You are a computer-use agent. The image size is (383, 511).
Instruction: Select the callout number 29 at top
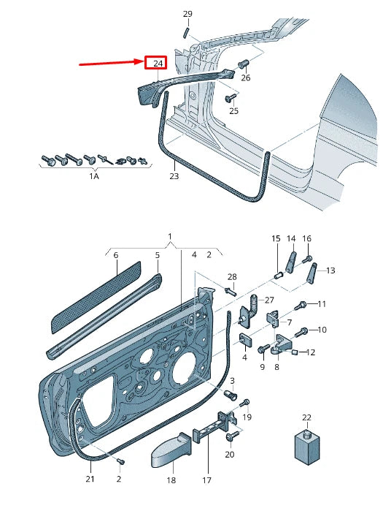click(187, 15)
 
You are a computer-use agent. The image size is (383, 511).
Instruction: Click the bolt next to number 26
click(243, 64)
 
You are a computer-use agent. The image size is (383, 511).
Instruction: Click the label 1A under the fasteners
click(94, 176)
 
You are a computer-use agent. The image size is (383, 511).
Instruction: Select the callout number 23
click(174, 176)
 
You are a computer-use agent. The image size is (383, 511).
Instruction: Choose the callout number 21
click(90, 479)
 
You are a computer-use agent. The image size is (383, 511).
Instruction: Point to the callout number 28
click(232, 276)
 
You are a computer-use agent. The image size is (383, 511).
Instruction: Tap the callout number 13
click(330, 270)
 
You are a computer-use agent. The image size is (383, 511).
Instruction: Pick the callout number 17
click(207, 480)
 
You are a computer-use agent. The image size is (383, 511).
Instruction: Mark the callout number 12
click(311, 352)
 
